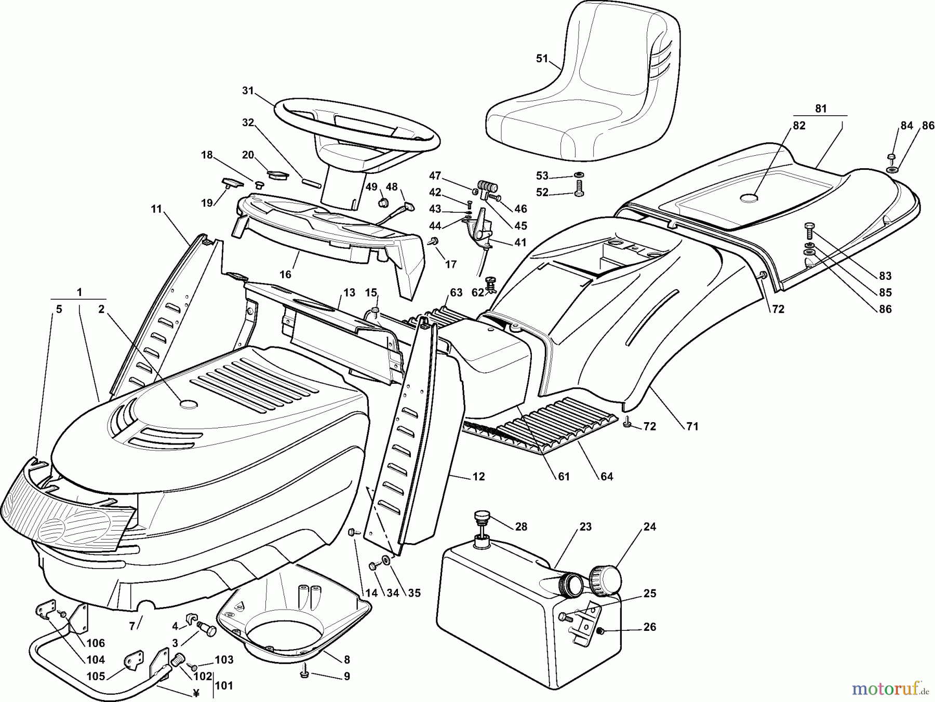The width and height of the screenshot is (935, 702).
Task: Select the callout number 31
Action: [248, 91]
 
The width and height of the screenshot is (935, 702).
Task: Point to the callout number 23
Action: [585, 526]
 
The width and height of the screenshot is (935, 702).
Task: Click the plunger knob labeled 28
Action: [482, 518]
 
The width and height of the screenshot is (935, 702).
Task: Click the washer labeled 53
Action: [579, 174]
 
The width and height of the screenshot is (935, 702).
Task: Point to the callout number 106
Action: [96, 643]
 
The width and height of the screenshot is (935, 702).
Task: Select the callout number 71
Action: [692, 427]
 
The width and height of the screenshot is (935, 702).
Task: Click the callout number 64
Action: [607, 476]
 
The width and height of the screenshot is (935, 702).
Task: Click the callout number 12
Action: [478, 476]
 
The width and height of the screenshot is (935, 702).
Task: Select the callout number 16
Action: [285, 274]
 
